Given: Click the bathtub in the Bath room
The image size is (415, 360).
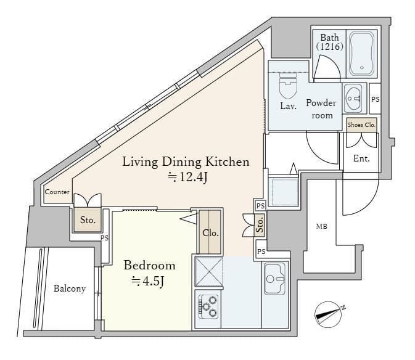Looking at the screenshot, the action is point(361,54).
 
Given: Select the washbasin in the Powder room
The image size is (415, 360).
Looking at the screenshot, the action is point(353,98).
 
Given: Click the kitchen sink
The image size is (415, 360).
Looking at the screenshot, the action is point(275,278).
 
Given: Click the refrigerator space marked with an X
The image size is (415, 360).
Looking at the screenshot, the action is point(209,271).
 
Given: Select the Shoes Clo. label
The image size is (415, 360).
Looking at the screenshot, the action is point(361,125).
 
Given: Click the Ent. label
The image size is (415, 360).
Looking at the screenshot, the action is point(361,158).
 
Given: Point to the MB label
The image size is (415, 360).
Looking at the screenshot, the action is point(321,226).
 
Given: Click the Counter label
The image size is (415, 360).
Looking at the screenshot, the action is point(57,192).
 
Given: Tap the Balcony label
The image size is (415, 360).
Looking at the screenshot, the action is point(70,288).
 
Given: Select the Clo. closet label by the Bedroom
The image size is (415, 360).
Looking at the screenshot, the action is point(210,233).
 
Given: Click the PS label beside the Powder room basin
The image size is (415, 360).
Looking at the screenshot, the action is point(376,99).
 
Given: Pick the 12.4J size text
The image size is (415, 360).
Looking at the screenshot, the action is point(187,177).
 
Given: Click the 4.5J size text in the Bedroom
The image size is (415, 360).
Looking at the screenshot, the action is point(147,281).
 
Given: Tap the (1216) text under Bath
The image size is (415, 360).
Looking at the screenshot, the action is point(330,47).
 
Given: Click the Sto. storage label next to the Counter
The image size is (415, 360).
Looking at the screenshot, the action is point(88,220).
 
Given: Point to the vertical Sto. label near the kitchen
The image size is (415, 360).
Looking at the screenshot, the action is point(260,225).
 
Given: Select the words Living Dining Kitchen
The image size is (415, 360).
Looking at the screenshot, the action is point(186,162).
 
